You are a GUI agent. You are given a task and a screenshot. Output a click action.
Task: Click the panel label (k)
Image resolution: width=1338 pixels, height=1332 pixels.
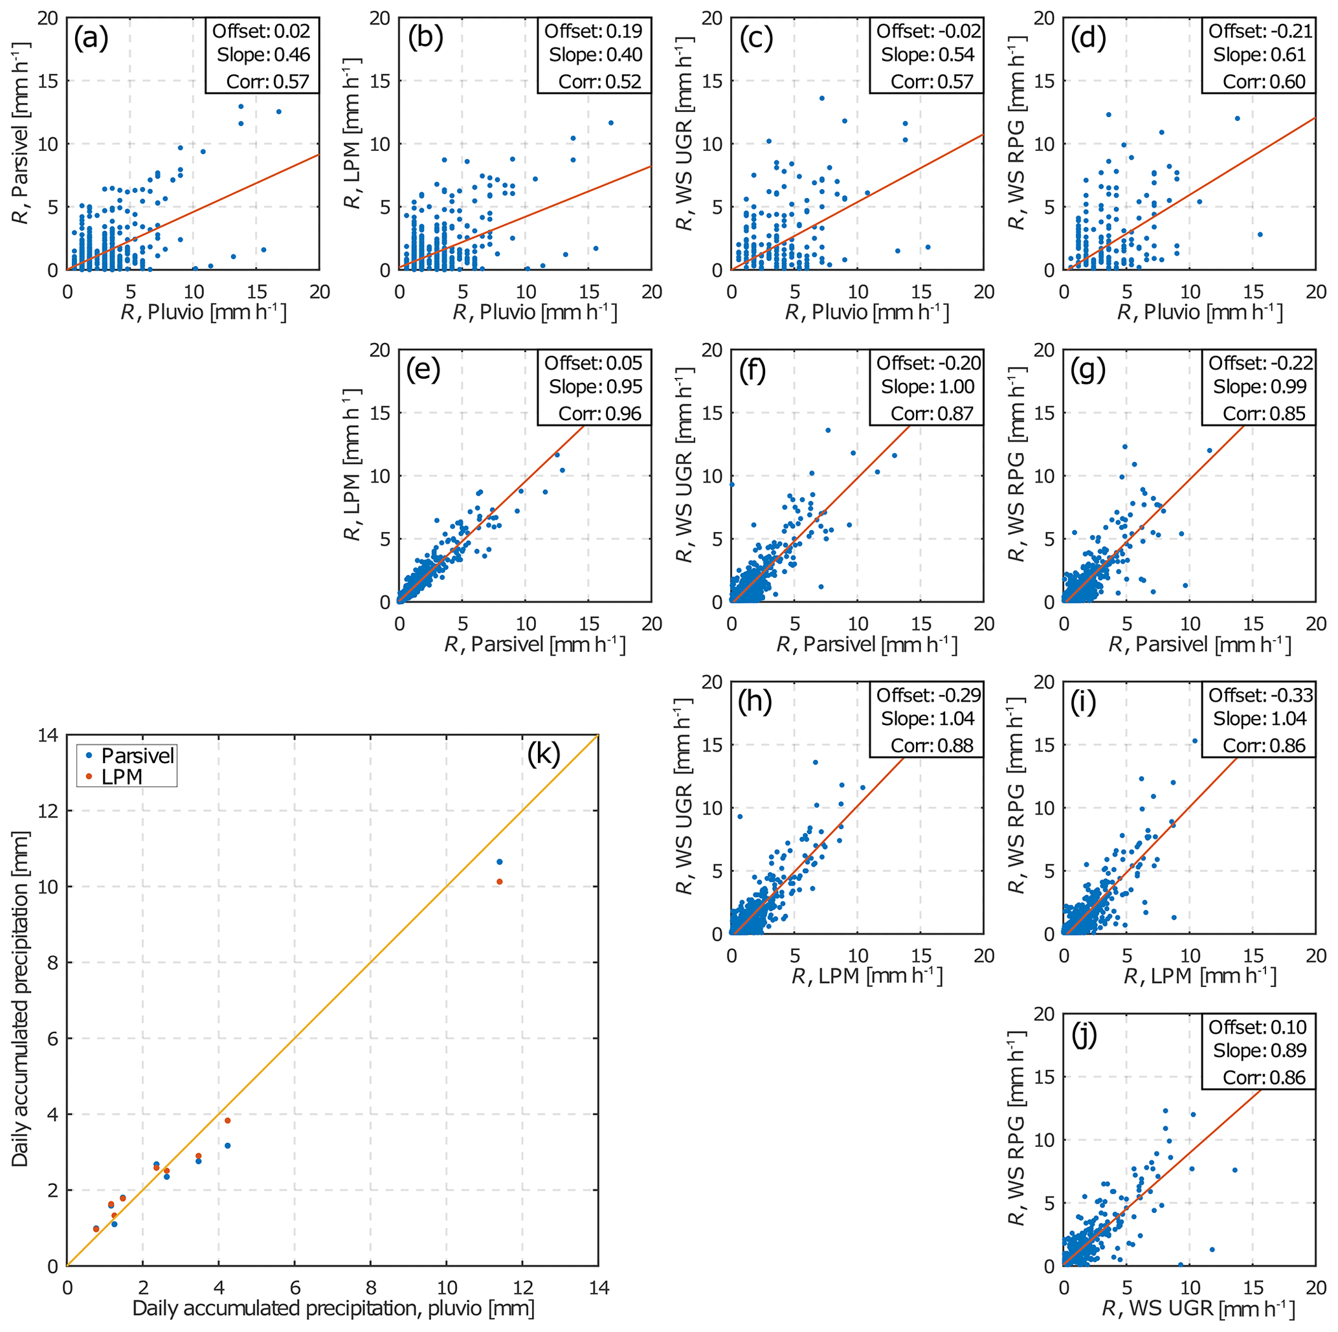(x=543, y=755)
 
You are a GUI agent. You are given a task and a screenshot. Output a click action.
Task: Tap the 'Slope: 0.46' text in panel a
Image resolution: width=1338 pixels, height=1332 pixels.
(x=263, y=55)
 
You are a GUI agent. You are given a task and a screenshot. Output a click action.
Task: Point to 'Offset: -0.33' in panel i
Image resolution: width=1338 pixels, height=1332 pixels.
(x=1260, y=694)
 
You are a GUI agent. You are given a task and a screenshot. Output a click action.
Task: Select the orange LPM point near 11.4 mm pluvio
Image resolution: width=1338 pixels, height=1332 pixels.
(x=499, y=882)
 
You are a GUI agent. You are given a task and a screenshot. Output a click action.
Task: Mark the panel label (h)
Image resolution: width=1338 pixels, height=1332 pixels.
(x=755, y=704)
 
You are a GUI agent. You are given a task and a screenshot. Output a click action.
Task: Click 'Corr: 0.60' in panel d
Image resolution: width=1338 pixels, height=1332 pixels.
(x=1264, y=82)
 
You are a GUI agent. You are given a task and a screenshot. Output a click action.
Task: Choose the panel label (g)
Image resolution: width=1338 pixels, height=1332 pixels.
(x=1088, y=371)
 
